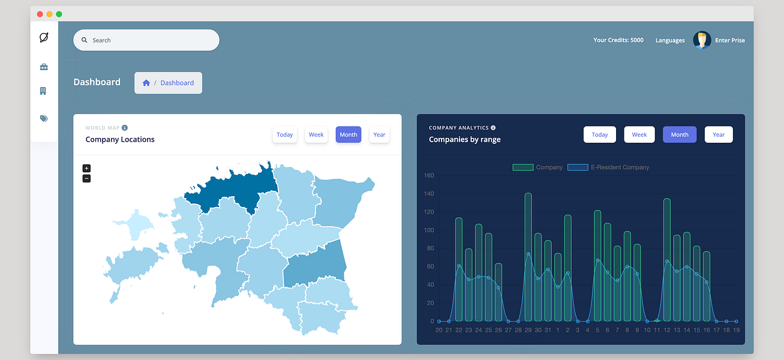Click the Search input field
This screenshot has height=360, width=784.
(146, 40)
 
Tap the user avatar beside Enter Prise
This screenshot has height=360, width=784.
(702, 40)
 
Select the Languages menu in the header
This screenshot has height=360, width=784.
(670, 40)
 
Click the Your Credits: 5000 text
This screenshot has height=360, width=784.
(618, 40)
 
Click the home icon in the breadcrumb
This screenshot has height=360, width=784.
(146, 83)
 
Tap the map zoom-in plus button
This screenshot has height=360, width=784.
(86, 168)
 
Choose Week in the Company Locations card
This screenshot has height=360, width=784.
(316, 134)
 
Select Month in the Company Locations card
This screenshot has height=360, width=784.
(349, 134)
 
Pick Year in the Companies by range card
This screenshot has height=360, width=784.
(719, 134)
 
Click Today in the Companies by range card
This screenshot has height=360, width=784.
(600, 134)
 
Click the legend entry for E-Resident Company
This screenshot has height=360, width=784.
(608, 167)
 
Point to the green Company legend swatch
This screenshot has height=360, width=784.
(523, 167)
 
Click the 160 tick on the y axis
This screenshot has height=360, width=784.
(429, 175)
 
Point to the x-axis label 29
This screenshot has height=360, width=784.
(528, 330)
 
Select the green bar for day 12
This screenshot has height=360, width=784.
(667, 260)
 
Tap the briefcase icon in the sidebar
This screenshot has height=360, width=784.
(44, 67)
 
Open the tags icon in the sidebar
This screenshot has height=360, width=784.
(44, 118)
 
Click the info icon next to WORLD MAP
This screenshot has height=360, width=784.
(125, 128)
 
